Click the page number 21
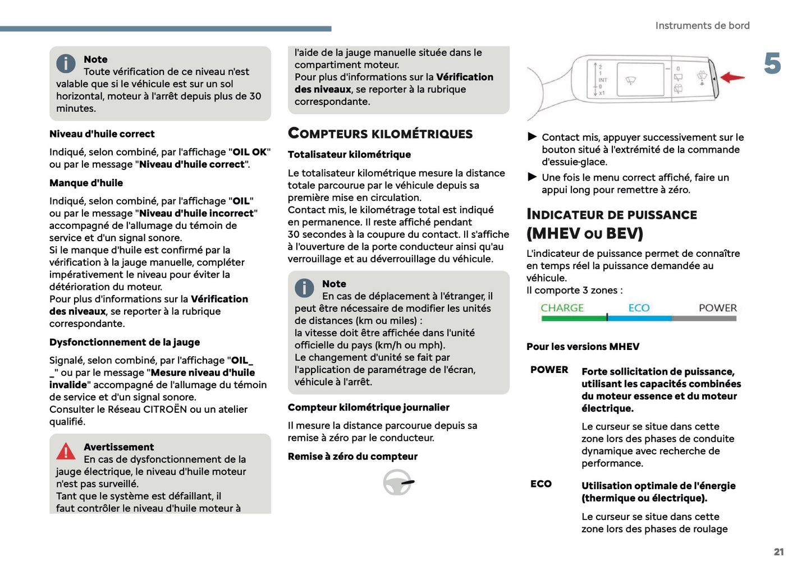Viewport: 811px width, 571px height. pos(778,552)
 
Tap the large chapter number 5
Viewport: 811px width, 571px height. pos(772,63)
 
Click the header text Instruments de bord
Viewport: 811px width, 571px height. pos(702,26)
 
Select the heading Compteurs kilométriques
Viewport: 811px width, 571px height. pos(380,133)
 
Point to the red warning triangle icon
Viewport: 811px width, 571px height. pos(66,451)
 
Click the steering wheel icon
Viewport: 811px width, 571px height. pos(398,482)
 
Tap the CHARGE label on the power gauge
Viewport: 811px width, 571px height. pos(562,308)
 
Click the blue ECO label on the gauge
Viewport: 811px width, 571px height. pos(639,308)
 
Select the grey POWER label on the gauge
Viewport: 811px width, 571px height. pos(717,308)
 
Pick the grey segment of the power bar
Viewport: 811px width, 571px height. pos(704,319)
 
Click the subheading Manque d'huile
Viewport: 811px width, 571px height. pos(86,183)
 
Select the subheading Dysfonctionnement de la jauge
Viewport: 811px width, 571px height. pos(125,342)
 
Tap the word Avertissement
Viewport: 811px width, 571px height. pos(118,447)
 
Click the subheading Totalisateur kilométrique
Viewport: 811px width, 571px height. pos(349,154)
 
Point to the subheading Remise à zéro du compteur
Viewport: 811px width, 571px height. pos(352,457)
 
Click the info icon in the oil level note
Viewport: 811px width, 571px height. pos(66,63)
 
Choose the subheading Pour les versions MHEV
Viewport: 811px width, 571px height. pos(583,347)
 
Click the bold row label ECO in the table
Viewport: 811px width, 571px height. pos(541,483)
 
